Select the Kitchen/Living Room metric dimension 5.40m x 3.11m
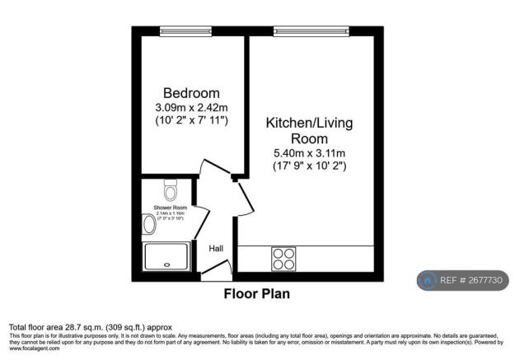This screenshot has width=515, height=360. click(309, 153)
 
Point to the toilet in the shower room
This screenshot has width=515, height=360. click(171, 190)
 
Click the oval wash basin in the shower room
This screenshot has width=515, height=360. click(149, 225)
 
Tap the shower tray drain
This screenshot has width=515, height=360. click(168, 265)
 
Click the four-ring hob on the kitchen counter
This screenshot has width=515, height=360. click(284, 259)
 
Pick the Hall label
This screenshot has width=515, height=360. click(216, 248)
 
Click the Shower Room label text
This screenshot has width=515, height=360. click(170, 208)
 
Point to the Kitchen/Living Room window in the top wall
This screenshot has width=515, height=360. click(311, 31)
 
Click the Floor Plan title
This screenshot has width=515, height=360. click(257, 293)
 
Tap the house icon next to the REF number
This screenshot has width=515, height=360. click(428, 280)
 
